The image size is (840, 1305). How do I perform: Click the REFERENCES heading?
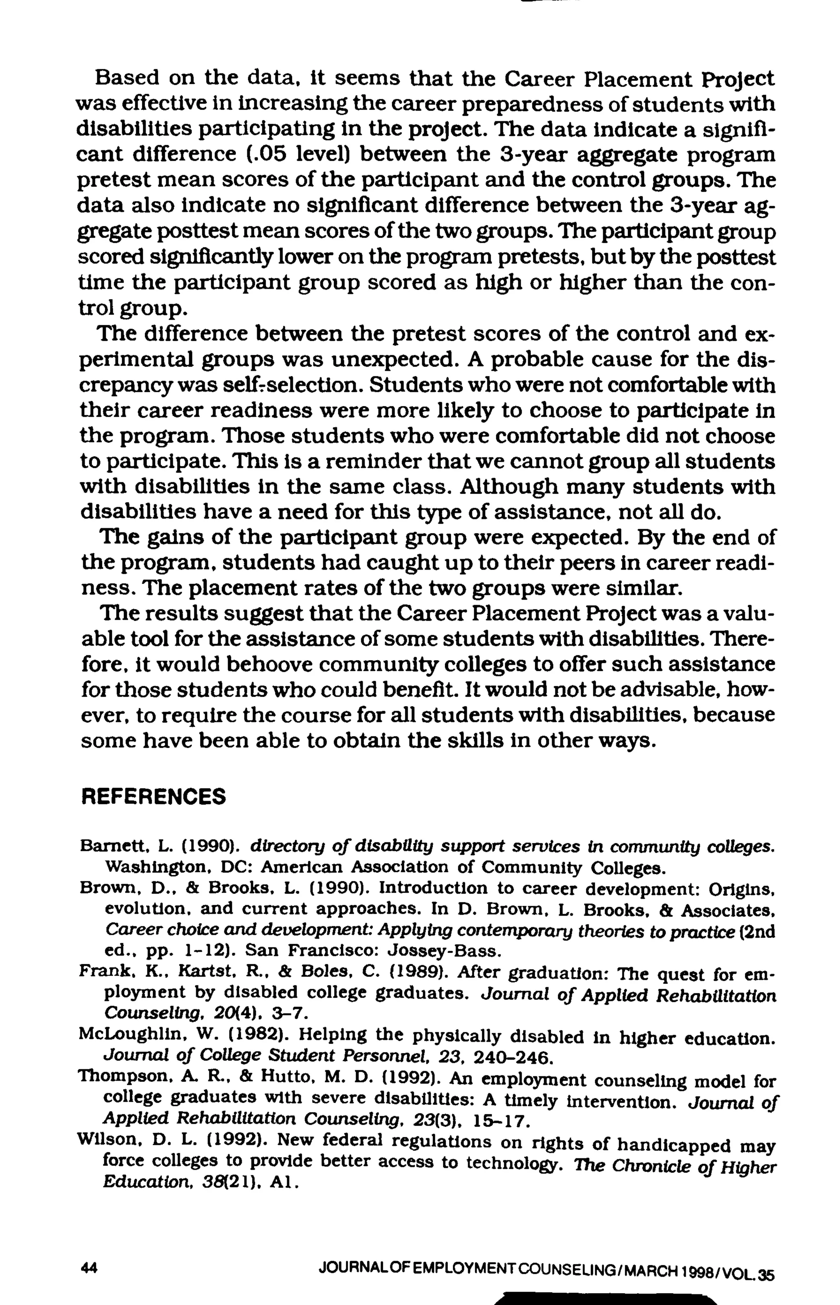click(153, 797)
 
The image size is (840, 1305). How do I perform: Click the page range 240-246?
click(514, 1059)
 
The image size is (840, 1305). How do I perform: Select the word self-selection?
click(292, 385)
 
